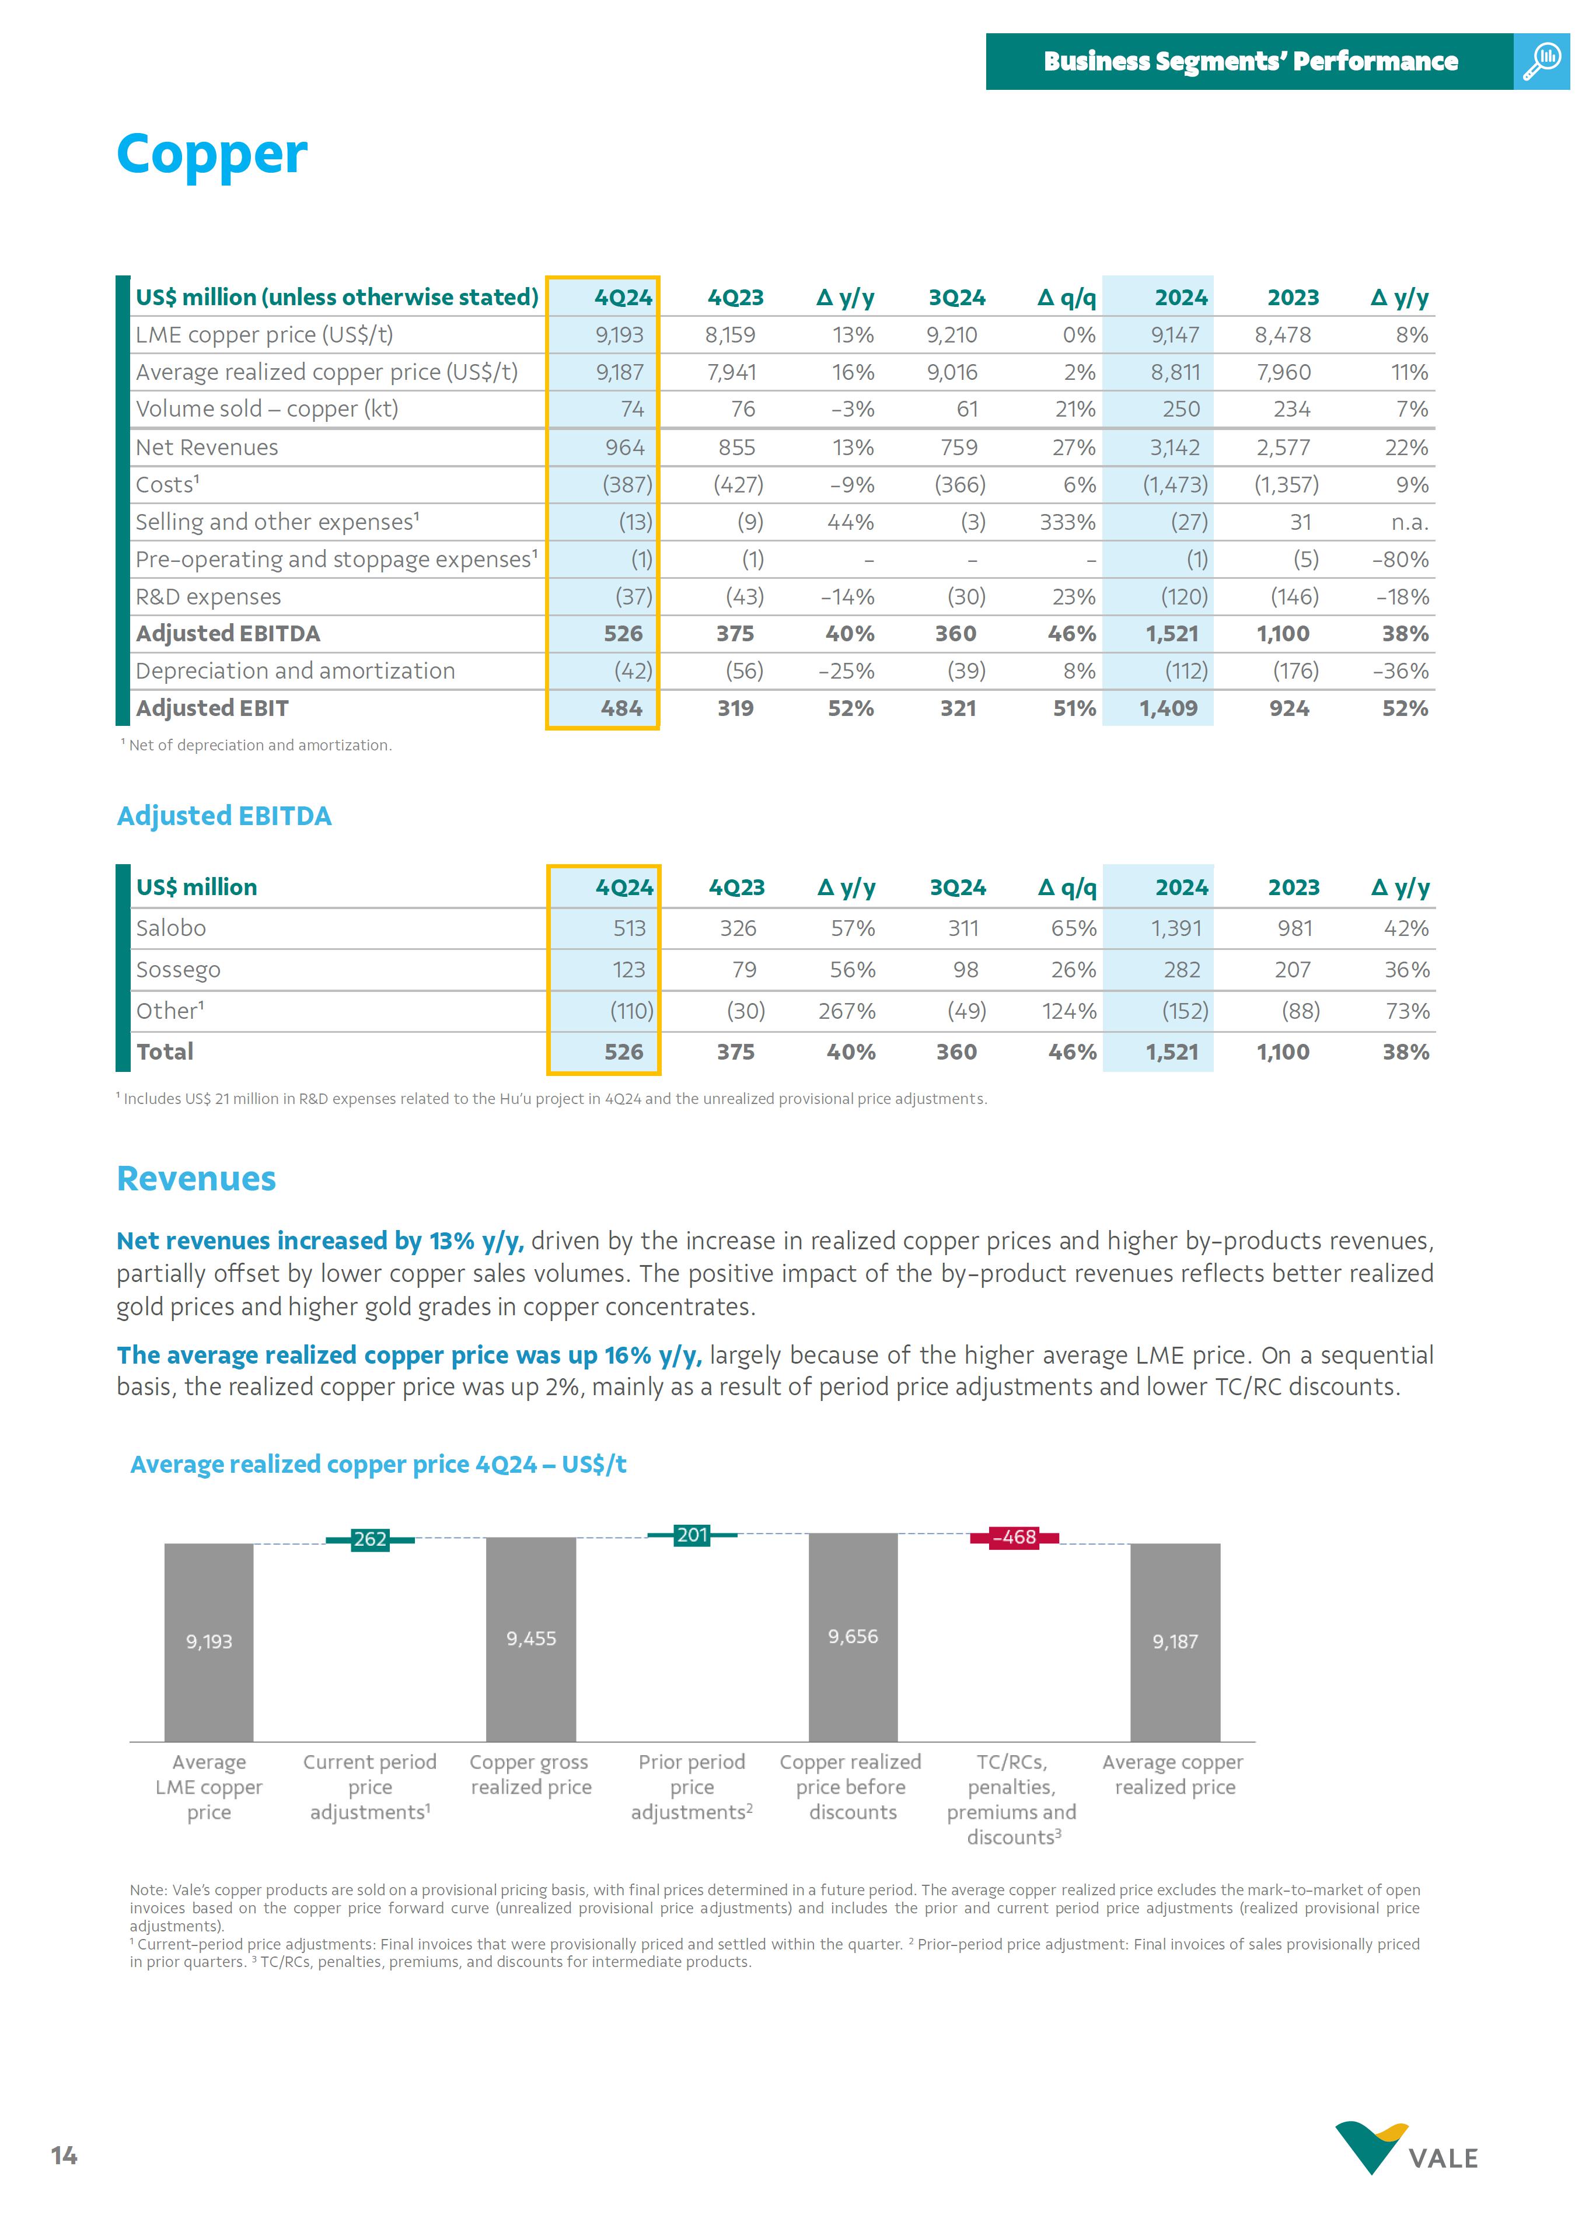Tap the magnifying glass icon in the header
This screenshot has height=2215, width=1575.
tap(1541, 61)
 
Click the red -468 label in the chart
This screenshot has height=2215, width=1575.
tap(1014, 1537)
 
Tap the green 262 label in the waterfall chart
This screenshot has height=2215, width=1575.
tap(369, 1539)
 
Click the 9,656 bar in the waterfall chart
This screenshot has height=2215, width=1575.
tap(853, 1636)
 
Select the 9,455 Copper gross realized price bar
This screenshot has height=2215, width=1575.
tap(530, 1638)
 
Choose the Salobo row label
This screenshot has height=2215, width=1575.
tap(171, 928)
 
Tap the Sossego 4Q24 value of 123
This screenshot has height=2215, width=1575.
tap(628, 970)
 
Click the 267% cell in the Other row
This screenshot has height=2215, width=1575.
tap(847, 1011)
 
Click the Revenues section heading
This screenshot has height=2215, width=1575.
tap(196, 1178)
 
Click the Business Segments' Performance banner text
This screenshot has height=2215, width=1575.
tap(1250, 61)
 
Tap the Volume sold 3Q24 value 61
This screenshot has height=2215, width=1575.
tap(967, 409)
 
